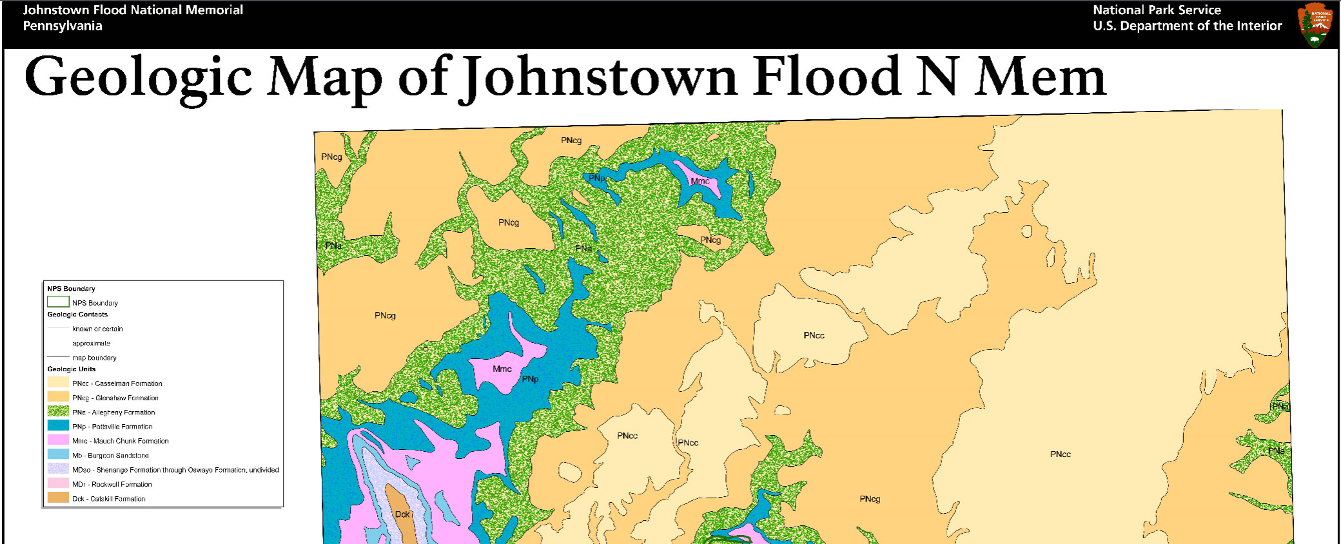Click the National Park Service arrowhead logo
pyautogui.click(x=1315, y=24)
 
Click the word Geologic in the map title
pyautogui.click(x=138, y=77)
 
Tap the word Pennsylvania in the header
pyautogui.click(x=63, y=26)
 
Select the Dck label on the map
pyautogui.click(x=402, y=514)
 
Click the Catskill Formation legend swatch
pyautogui.click(x=58, y=498)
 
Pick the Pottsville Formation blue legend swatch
pyautogui.click(x=58, y=425)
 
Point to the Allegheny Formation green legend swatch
pyautogui.click(x=58, y=411)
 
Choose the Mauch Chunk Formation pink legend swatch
pyautogui.click(x=58, y=440)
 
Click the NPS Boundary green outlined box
pyautogui.click(x=58, y=302)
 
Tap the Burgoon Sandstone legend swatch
pyautogui.click(x=58, y=454)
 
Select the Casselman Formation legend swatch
pyautogui.click(x=58, y=382)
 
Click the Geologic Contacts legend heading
pyautogui.click(x=77, y=315)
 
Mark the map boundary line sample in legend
pyautogui.click(x=58, y=356)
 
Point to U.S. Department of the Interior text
pyautogui.click(x=1187, y=26)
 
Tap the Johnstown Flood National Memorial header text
pyautogui.click(x=133, y=10)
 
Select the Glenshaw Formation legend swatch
pyautogui.click(x=58, y=397)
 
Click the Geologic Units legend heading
pyautogui.click(x=71, y=369)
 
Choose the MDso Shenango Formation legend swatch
pyautogui.click(x=58, y=469)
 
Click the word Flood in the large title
pyautogui.click(x=827, y=77)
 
